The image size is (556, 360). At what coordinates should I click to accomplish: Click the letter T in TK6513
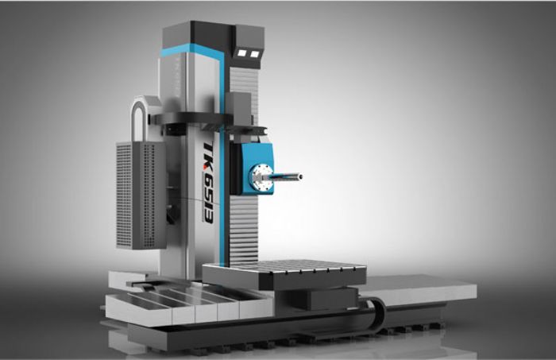pos(207,148)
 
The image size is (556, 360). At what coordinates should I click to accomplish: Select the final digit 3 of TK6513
pos(208,218)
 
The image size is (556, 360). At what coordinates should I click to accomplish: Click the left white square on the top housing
pos(241,52)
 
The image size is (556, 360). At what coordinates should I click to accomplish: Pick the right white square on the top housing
pos(255,53)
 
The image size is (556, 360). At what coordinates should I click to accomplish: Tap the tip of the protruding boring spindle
pos(300,176)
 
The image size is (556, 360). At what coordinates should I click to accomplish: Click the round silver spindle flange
pos(261,178)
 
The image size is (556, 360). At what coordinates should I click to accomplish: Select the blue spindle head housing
pos(257,168)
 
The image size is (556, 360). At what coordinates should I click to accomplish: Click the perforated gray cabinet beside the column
pos(141,195)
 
